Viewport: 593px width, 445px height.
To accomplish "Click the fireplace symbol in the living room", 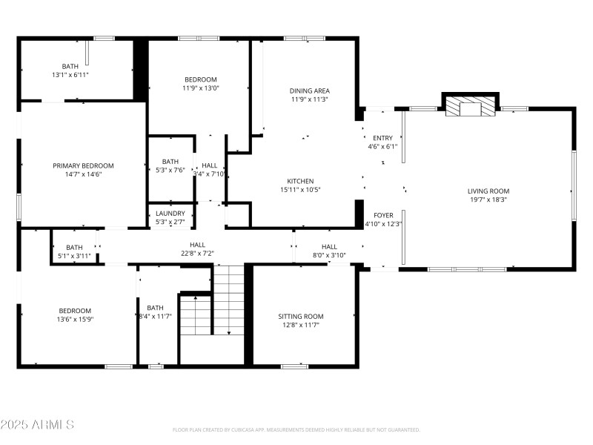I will click(x=470, y=108).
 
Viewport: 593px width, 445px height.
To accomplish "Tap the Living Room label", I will click(x=488, y=191).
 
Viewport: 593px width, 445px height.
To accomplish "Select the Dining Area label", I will click(x=309, y=90).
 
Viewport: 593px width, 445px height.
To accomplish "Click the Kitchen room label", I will click(x=300, y=181).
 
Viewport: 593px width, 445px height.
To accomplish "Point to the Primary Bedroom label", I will click(x=83, y=165).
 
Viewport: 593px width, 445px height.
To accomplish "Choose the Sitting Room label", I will click(x=300, y=317).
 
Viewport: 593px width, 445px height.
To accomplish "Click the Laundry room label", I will click(x=170, y=214).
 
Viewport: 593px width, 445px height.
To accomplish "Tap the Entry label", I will click(x=382, y=138).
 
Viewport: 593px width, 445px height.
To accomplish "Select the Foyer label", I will click(x=383, y=215).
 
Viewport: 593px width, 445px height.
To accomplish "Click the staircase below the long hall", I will click(x=228, y=300).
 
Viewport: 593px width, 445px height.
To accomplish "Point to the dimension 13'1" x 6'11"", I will click(x=70, y=75).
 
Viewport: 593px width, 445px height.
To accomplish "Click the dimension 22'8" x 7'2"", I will click(x=197, y=253).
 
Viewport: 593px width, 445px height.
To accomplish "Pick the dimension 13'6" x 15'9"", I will click(x=75, y=319).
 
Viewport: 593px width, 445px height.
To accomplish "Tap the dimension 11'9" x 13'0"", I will click(x=200, y=88).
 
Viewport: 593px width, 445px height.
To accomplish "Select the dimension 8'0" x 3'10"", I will click(x=329, y=255).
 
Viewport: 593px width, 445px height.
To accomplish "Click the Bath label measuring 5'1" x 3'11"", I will click(x=74, y=248).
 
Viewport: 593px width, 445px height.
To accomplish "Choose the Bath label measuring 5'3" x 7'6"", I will click(x=170, y=162).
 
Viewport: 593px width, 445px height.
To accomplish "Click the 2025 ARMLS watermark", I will click(x=37, y=425).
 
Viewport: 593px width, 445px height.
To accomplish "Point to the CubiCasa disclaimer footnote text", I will click(x=296, y=429).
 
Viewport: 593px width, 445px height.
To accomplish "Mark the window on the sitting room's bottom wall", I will click(x=294, y=366).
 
